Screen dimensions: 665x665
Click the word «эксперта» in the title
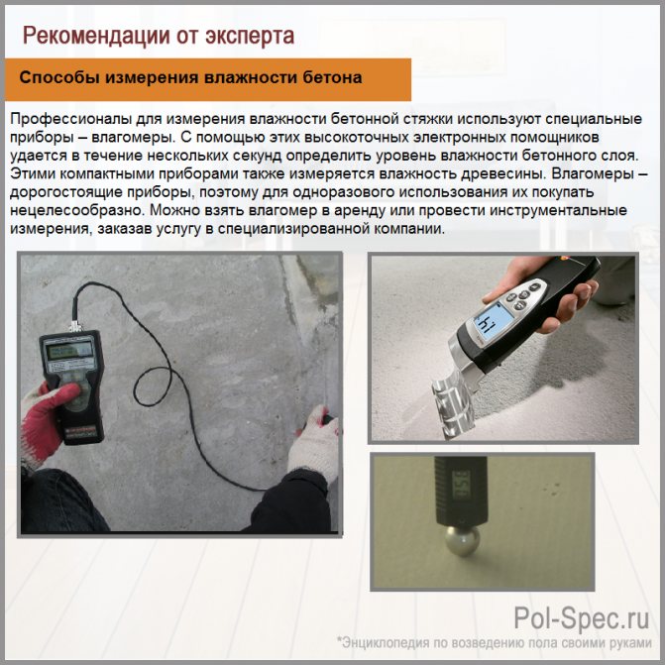[x=250, y=37]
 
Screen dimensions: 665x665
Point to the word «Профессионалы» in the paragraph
[x=70, y=119]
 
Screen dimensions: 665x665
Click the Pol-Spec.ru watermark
[x=582, y=618]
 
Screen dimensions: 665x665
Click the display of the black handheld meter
[x=70, y=351]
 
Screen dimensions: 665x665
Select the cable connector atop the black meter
[x=75, y=326]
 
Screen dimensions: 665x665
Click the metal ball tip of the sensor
[x=461, y=540]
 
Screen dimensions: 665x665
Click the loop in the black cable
[x=153, y=387]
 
